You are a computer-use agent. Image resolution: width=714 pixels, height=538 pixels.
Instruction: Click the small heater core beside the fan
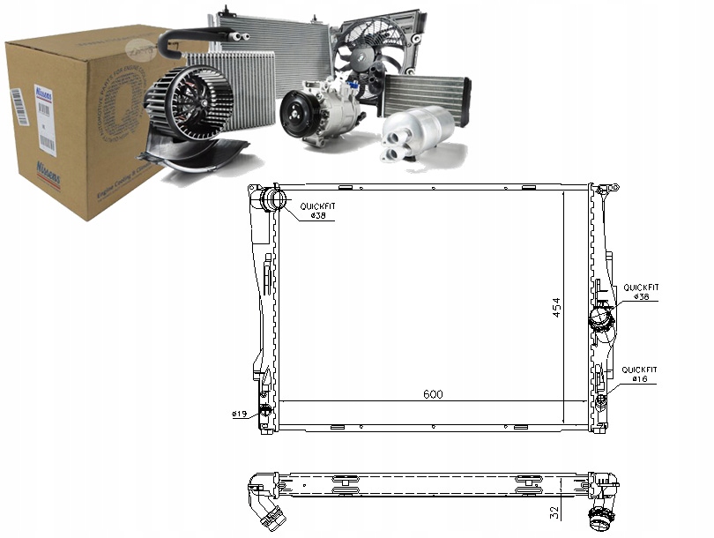(x=427, y=93)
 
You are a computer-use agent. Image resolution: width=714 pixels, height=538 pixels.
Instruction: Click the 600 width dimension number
(x=432, y=394)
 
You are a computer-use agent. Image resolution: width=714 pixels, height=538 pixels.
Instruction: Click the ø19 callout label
(x=238, y=414)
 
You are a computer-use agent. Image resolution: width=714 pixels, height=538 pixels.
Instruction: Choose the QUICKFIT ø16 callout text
(x=639, y=374)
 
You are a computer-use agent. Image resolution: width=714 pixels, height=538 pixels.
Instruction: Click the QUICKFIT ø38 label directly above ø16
(x=641, y=292)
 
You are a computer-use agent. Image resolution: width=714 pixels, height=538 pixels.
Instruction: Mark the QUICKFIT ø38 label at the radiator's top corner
(x=317, y=211)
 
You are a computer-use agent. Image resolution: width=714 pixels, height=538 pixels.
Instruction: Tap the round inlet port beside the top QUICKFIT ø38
(x=271, y=201)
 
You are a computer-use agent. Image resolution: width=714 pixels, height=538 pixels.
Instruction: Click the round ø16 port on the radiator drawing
(x=600, y=401)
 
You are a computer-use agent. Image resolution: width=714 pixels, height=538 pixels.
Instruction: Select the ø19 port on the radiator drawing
(x=264, y=412)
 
